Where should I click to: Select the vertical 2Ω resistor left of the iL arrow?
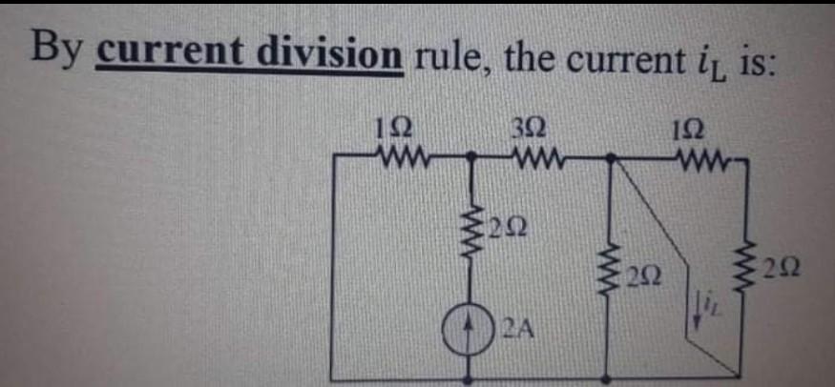608,276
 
